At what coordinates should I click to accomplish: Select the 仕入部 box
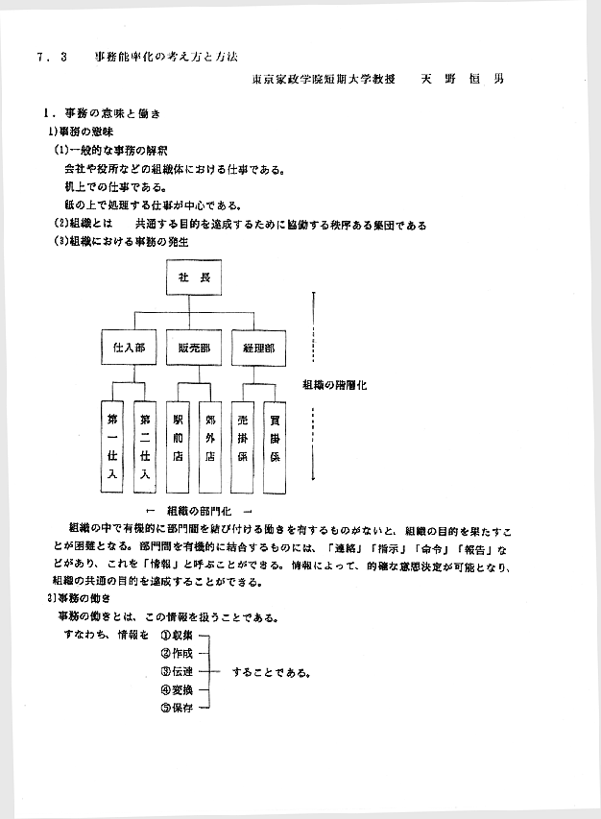tap(128, 348)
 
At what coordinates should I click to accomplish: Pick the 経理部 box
tap(258, 348)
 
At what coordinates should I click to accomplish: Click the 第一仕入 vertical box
tap(113, 446)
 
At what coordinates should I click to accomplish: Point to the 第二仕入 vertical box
tap(145, 446)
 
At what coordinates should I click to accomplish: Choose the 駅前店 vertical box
tap(179, 446)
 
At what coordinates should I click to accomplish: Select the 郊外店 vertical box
tap(210, 446)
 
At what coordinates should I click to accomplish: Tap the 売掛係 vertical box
tap(244, 446)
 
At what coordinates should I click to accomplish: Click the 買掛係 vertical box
tap(276, 446)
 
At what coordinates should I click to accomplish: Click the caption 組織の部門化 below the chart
tap(197, 510)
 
